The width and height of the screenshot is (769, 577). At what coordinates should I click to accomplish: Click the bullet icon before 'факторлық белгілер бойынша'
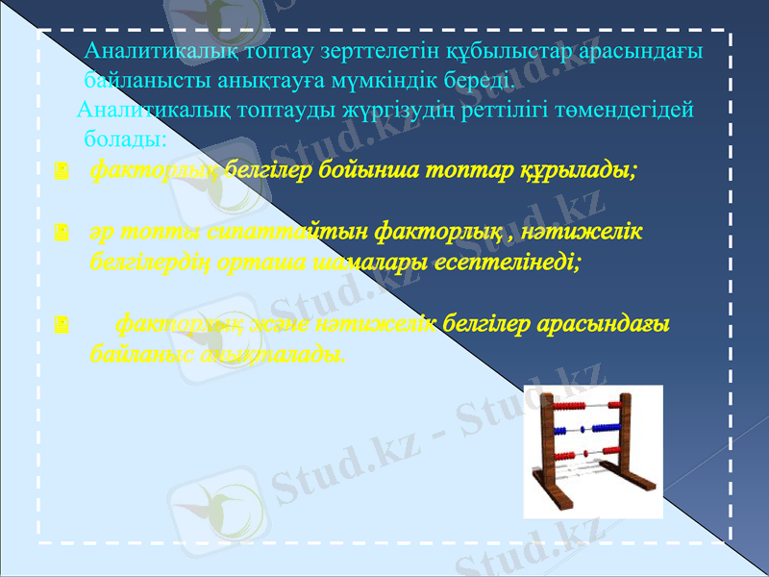62,172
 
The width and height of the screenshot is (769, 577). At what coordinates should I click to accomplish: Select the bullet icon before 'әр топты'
62,234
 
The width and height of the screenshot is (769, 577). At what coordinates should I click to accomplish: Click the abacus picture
592,450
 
